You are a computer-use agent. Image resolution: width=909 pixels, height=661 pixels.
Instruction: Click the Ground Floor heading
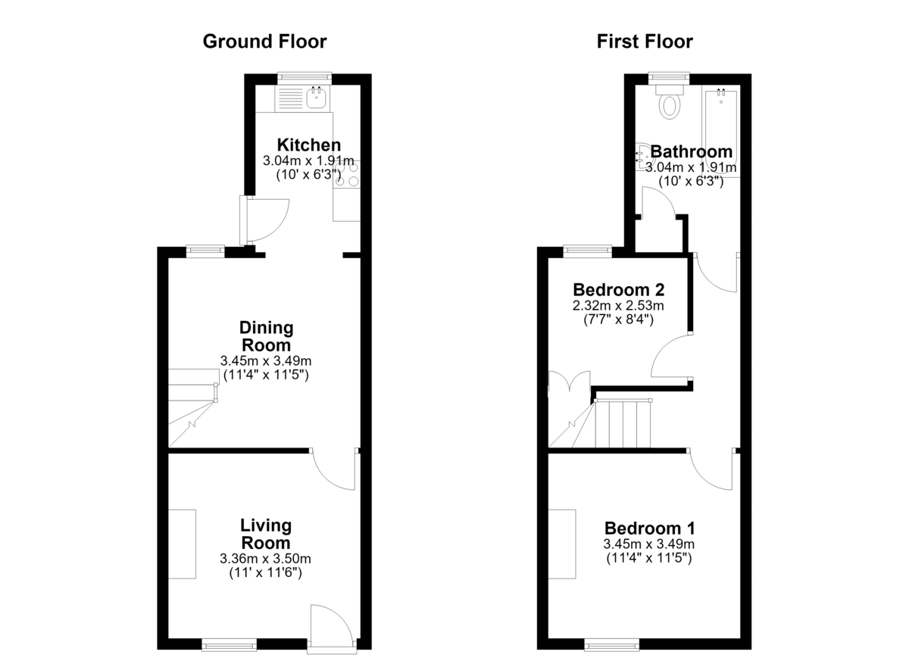pyautogui.click(x=264, y=42)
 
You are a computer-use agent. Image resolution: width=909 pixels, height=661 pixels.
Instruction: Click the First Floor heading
pyautogui.click(x=645, y=42)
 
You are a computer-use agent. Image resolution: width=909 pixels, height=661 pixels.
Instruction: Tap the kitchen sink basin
pyautogui.click(x=316, y=98)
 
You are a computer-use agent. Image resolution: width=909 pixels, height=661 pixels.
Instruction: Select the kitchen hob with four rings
pyautogui.click(x=347, y=174)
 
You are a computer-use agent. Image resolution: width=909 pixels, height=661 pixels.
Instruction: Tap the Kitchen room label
pyautogui.click(x=309, y=145)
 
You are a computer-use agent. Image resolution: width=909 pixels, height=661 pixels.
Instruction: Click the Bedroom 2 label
pyautogui.click(x=619, y=290)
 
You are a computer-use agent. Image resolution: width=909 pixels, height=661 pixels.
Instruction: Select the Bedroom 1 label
pyautogui.click(x=650, y=528)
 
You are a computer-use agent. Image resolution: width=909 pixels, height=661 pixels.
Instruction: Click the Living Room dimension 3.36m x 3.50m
pyautogui.click(x=265, y=559)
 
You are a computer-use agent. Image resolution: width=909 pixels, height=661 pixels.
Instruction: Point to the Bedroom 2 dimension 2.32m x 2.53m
pyautogui.click(x=618, y=305)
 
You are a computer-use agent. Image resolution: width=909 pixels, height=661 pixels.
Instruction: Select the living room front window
pyautogui.click(x=230, y=645)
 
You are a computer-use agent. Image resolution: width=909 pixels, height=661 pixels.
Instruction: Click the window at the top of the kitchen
pyautogui.click(x=305, y=78)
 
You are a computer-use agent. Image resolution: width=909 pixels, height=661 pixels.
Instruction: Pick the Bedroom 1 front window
pyautogui.click(x=612, y=645)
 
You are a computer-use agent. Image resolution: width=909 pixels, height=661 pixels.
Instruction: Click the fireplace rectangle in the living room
pyautogui.click(x=183, y=544)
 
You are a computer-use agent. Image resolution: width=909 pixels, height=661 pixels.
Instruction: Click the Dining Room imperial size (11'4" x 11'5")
pyautogui.click(x=266, y=375)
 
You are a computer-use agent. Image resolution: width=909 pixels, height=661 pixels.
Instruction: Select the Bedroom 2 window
pyautogui.click(x=588, y=251)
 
